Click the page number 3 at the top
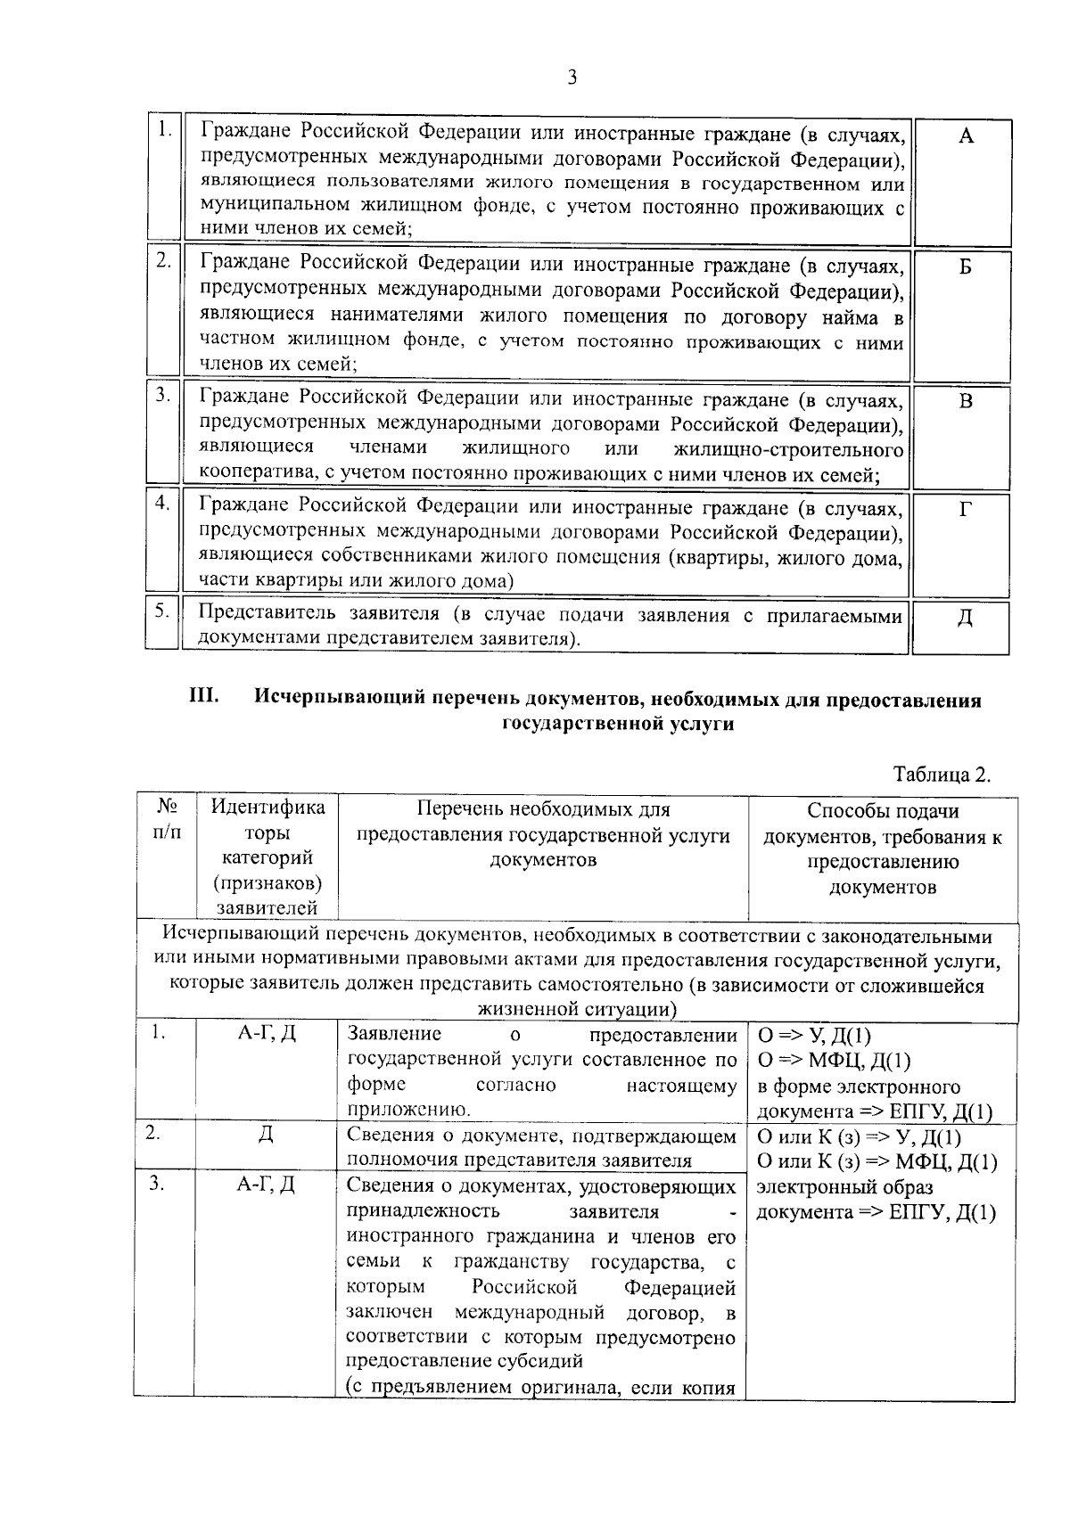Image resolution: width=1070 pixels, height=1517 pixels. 572,78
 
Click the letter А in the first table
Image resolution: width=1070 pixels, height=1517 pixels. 966,135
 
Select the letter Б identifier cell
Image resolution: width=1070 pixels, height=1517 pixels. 966,267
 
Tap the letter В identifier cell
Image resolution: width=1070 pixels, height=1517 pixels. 966,401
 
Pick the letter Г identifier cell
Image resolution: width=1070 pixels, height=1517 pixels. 966,509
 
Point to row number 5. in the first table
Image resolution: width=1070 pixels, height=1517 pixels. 161,611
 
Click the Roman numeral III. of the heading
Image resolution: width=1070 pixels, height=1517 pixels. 204,697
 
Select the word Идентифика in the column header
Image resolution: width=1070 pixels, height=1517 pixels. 267,808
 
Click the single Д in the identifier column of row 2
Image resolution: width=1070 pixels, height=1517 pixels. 266,1135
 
